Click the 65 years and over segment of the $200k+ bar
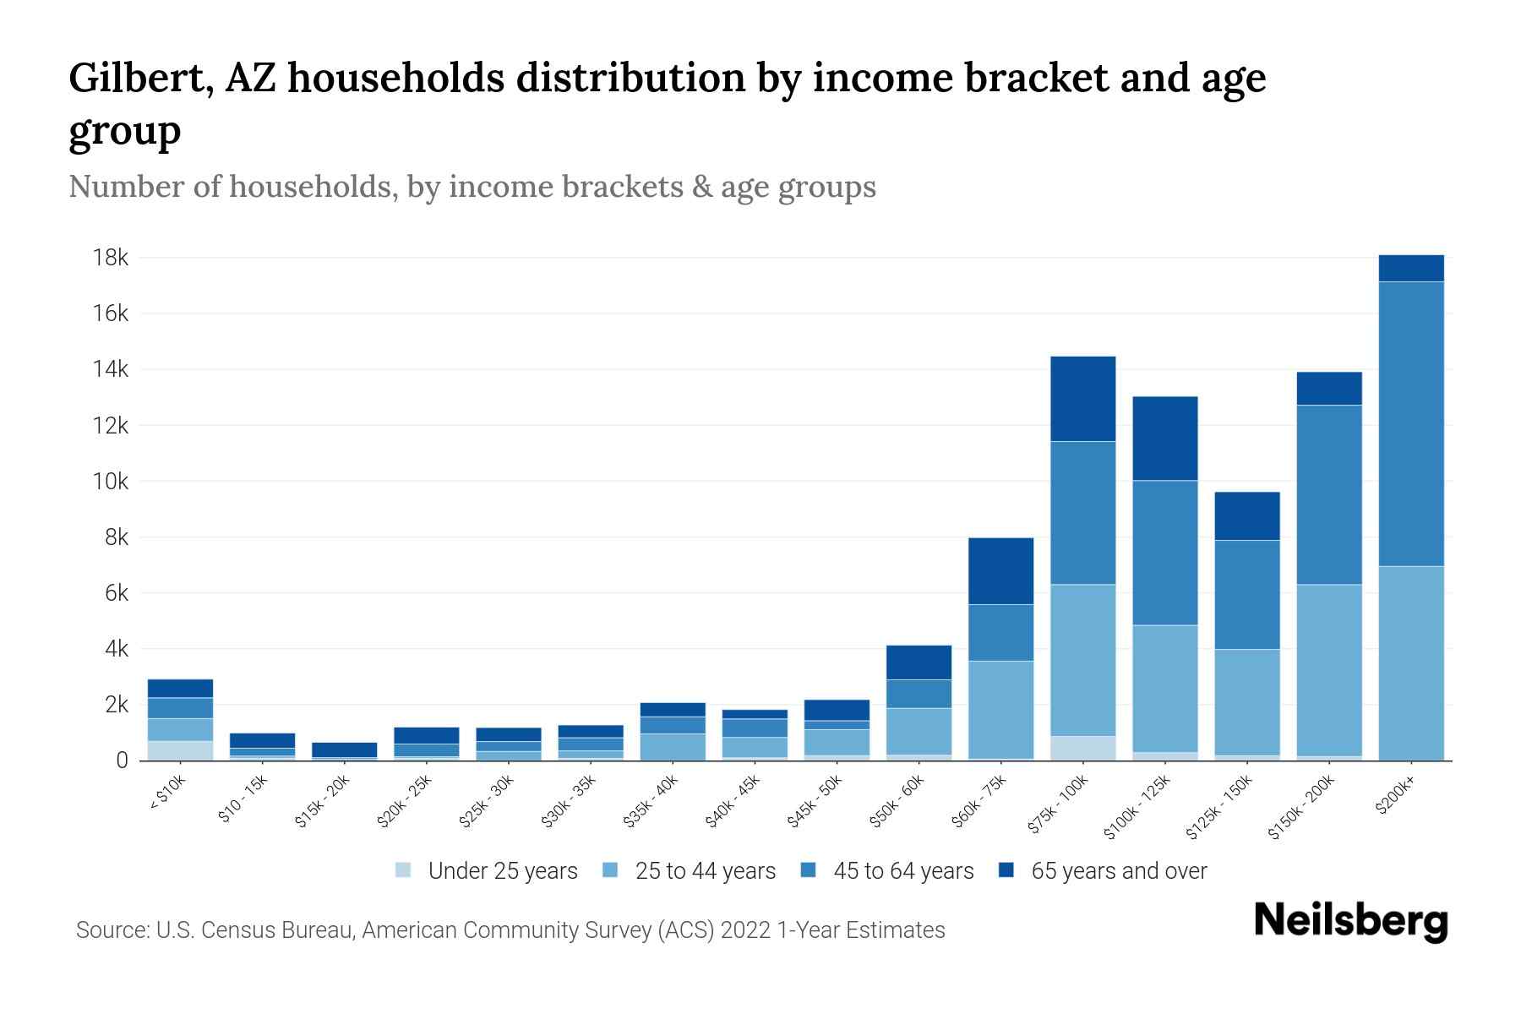[1410, 268]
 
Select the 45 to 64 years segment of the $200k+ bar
[1410, 422]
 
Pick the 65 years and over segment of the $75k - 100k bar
[1082, 398]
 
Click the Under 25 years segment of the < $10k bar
[180, 750]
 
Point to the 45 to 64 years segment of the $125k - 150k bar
[1246, 594]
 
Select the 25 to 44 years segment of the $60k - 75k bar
[1000, 709]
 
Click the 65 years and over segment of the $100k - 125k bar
[1164, 438]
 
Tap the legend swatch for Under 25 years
[403, 870]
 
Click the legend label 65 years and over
[1118, 870]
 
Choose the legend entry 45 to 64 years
[902, 870]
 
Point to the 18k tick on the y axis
[111, 258]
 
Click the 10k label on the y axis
[111, 482]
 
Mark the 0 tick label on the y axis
[122, 760]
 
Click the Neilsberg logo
[1350, 920]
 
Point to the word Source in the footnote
[111, 930]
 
